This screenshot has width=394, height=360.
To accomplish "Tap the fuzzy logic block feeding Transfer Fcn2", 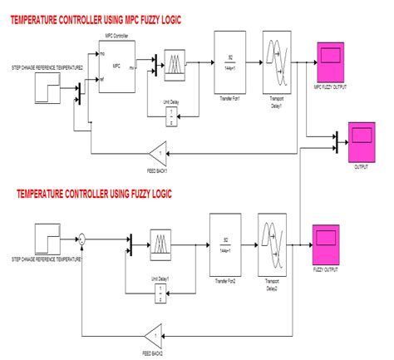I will [x=162, y=246].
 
